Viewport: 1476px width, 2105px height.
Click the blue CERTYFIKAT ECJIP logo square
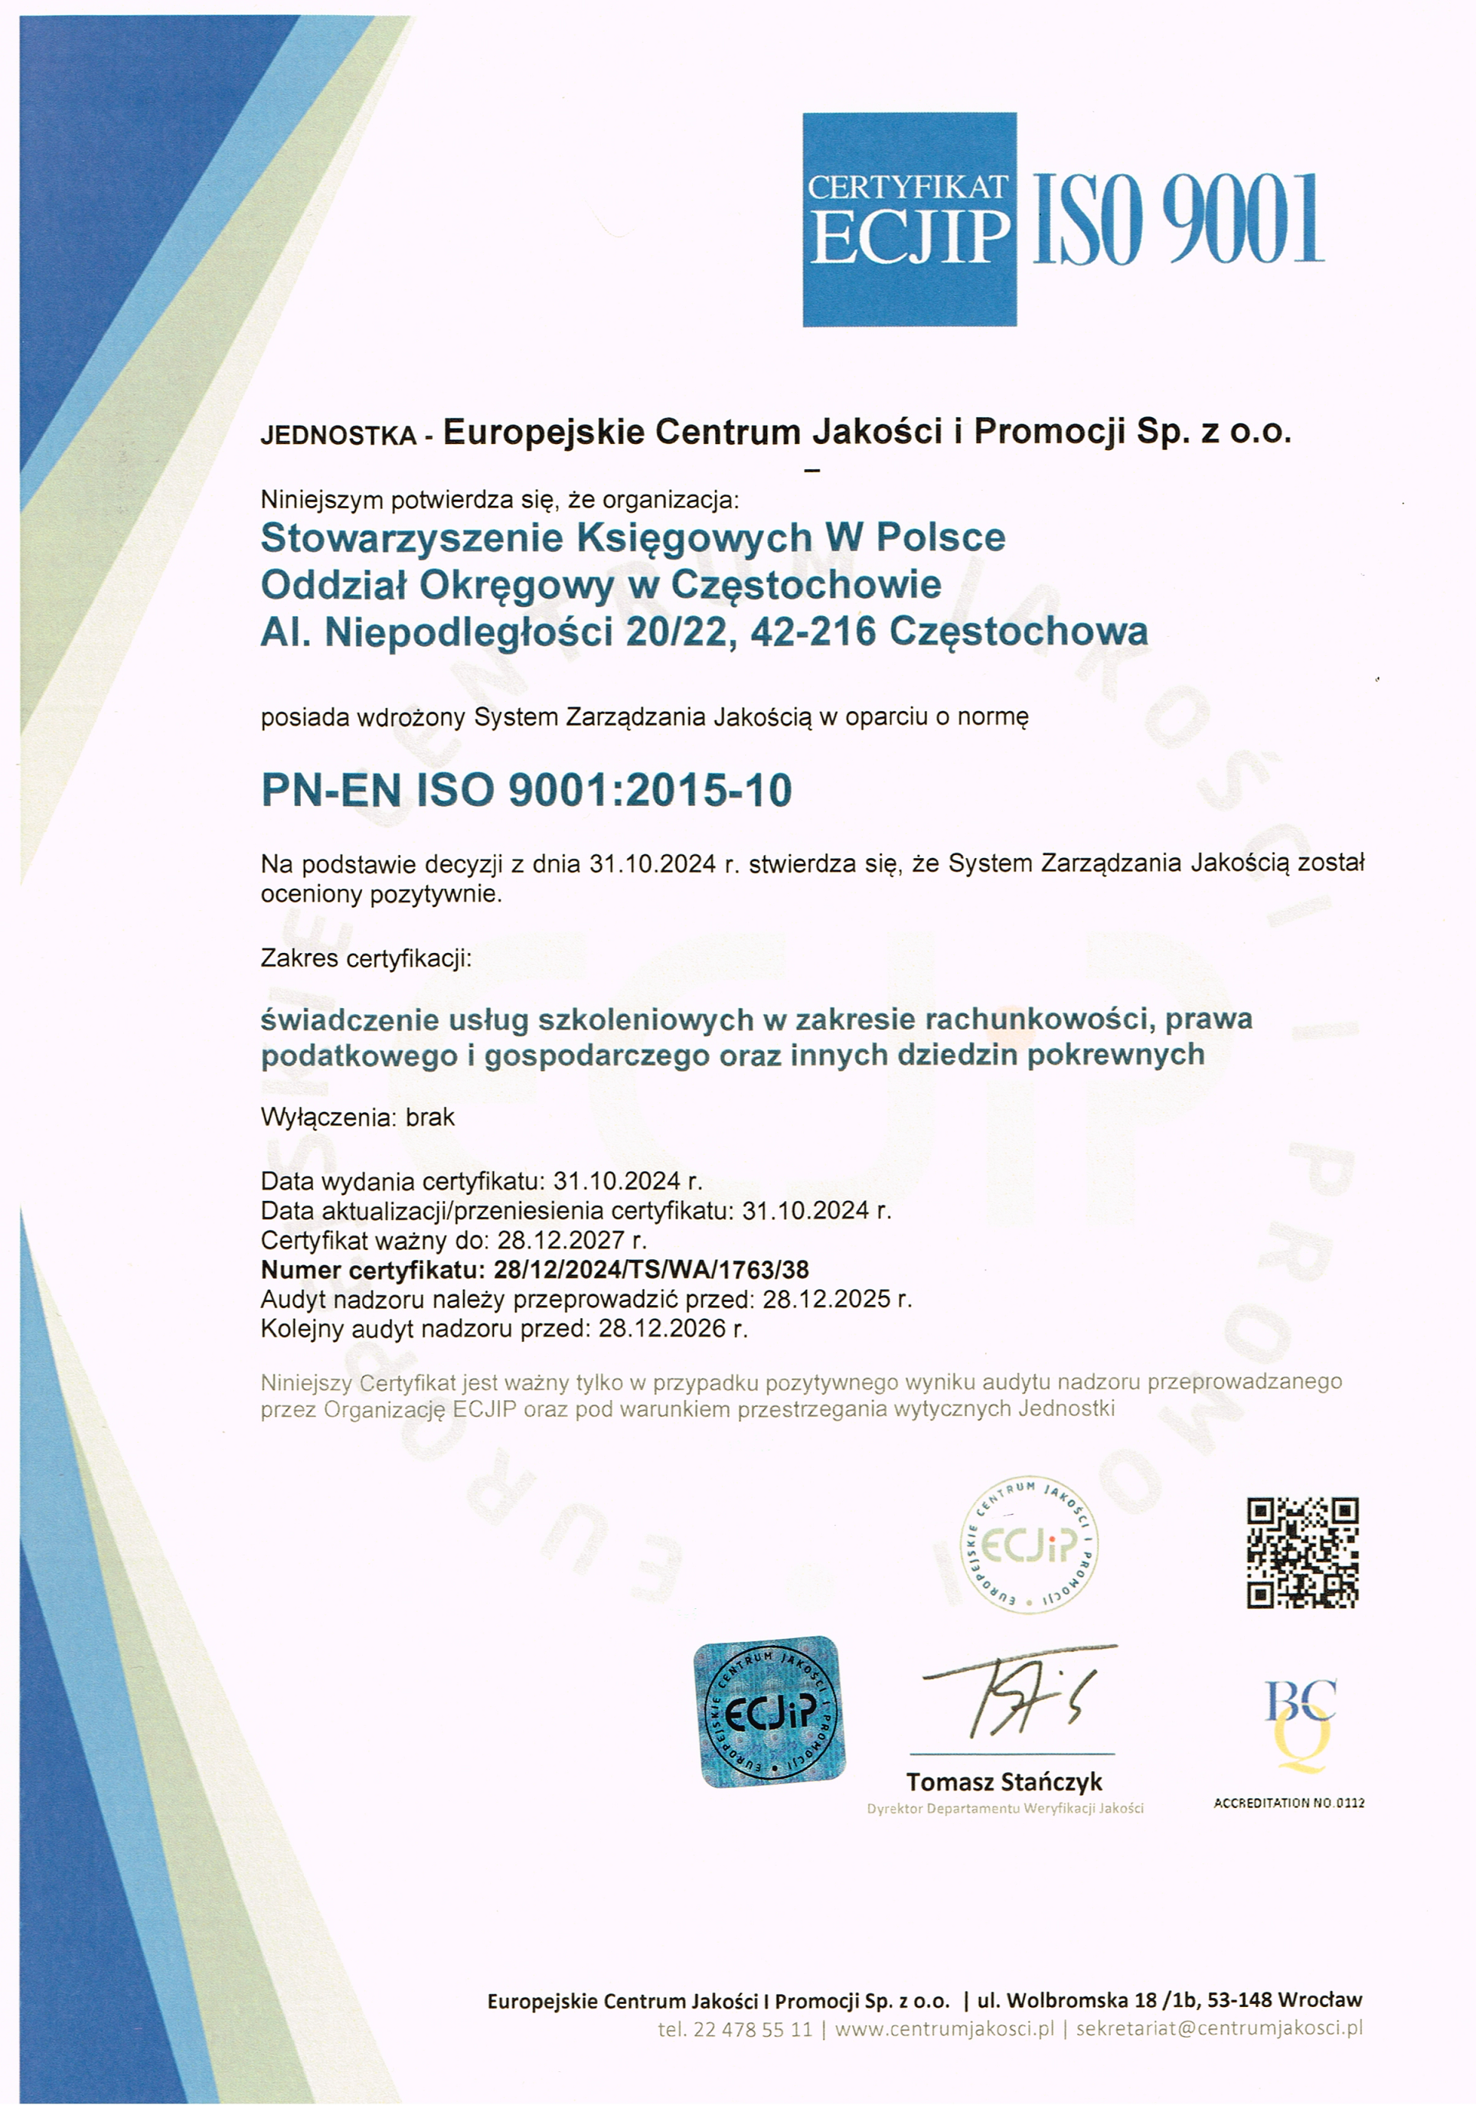click(x=909, y=219)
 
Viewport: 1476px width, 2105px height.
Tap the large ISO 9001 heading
click(x=1177, y=220)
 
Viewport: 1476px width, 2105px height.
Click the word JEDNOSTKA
click(x=338, y=436)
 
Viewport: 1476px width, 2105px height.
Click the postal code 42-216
click(x=812, y=632)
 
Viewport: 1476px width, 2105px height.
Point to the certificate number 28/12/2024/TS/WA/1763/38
click(x=651, y=1270)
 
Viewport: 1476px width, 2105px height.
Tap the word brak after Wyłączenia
click(x=430, y=1118)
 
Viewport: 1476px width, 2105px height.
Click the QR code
click(x=1301, y=1552)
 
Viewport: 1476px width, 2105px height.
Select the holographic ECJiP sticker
click(x=769, y=1712)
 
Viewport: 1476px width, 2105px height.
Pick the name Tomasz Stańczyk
click(x=1004, y=1781)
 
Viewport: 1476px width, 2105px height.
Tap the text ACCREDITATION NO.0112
click(x=1289, y=1803)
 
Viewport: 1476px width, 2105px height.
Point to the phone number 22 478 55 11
click(x=753, y=2029)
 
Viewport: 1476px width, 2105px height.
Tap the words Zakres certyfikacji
click(x=366, y=959)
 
